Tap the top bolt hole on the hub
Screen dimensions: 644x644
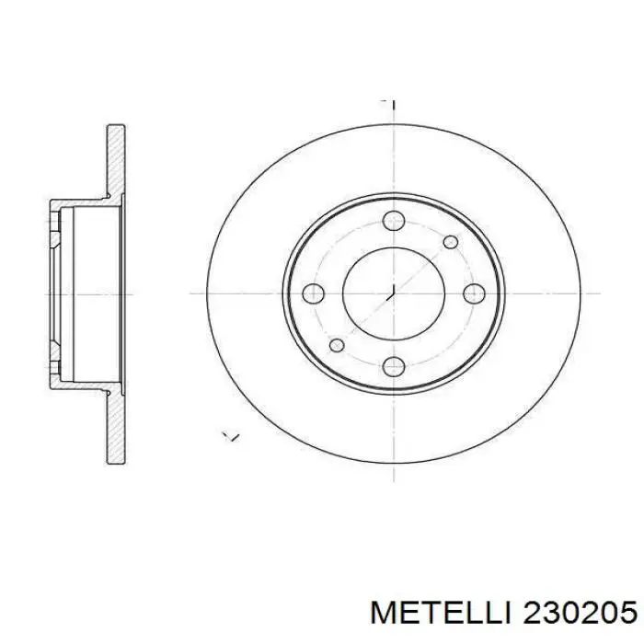coord(394,221)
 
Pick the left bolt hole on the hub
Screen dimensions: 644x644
coord(314,293)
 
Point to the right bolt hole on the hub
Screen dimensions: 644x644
coord(474,293)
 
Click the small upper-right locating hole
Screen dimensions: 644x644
coord(451,241)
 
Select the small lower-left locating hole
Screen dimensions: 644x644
coord(337,345)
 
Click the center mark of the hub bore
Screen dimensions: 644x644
coord(393,293)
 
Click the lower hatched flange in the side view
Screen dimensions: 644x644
coord(116,427)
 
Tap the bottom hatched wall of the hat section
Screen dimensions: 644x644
coord(83,385)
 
